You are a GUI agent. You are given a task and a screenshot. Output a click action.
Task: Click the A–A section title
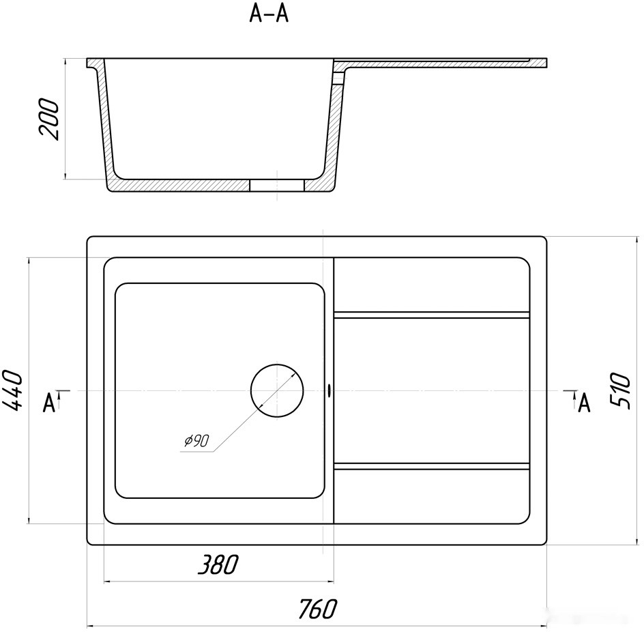click(269, 14)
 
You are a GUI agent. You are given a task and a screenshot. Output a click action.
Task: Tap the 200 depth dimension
click(49, 119)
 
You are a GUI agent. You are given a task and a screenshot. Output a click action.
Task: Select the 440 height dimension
click(12, 390)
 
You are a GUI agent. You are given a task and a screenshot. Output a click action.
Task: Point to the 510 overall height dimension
click(619, 390)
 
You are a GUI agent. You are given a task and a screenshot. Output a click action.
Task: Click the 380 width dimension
click(218, 564)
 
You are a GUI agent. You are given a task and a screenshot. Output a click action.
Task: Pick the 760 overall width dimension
click(317, 609)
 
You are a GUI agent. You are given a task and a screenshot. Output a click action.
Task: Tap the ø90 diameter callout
click(196, 441)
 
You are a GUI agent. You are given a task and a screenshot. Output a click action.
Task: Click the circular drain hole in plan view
click(277, 390)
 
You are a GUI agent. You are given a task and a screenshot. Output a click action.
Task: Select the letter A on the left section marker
click(49, 403)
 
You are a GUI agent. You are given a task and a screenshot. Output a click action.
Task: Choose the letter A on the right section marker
click(584, 403)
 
